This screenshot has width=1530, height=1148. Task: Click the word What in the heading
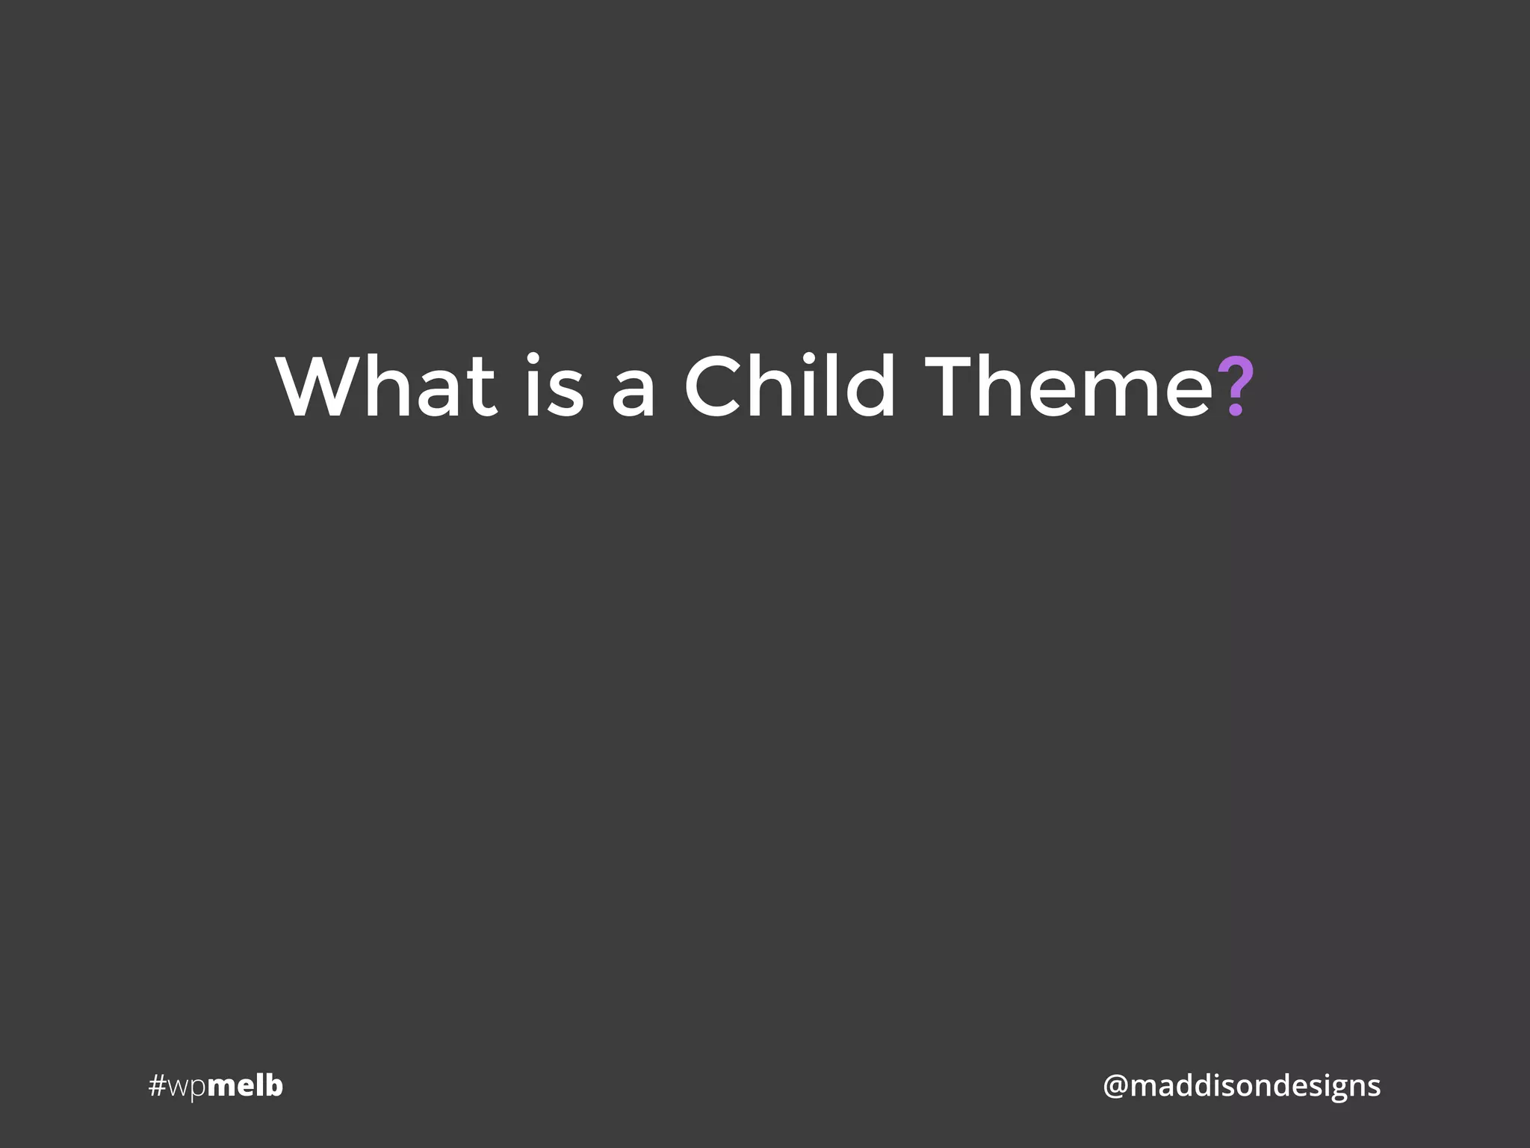coord(385,386)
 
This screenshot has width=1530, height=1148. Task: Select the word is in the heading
coord(554,386)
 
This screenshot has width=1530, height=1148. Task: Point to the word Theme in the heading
coord(1068,386)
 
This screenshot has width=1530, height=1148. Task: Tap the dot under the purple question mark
coord(1235,410)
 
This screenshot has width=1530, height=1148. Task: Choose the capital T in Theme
coord(952,386)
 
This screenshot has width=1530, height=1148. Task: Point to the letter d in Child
coord(873,387)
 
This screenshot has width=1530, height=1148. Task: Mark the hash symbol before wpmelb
coord(157,1086)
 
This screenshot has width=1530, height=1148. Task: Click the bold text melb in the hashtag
coord(244,1085)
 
